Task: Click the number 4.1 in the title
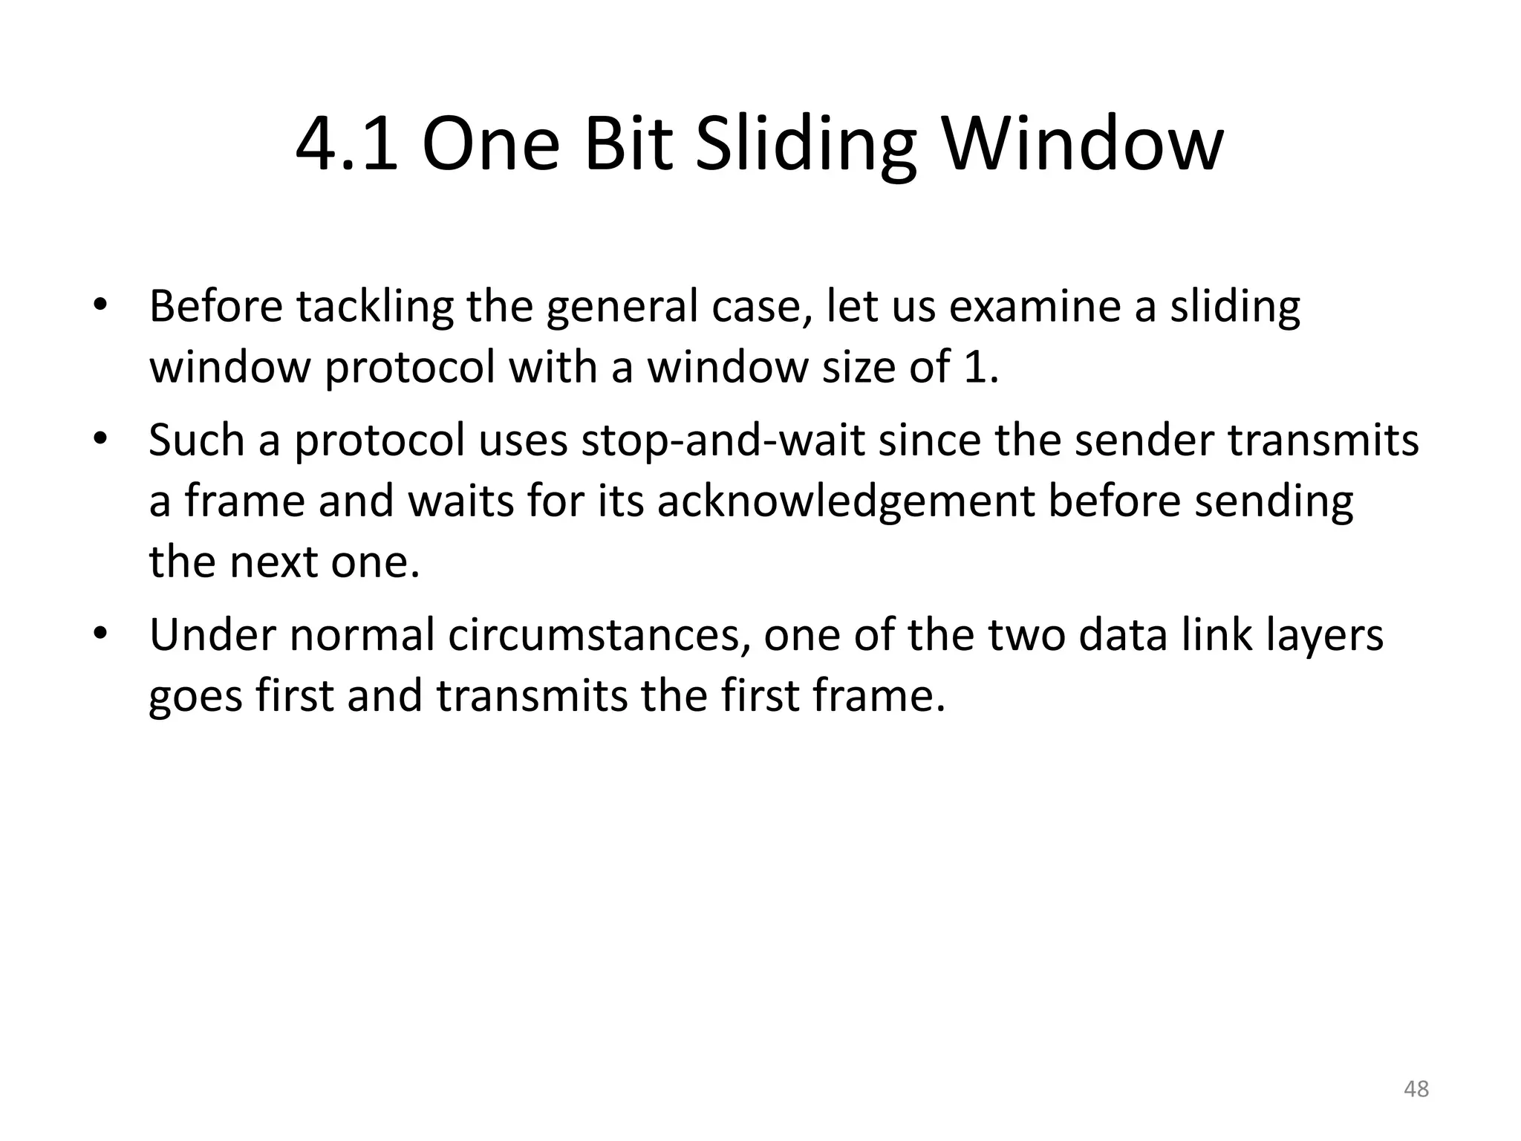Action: point(346,145)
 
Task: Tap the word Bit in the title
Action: point(628,145)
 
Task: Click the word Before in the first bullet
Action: point(215,306)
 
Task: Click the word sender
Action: point(1144,440)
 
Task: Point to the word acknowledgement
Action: point(846,502)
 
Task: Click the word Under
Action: point(212,636)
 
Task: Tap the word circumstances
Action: point(598,636)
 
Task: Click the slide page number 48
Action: point(1416,1089)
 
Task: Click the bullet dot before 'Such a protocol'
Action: point(101,438)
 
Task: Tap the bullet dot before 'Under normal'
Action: point(101,634)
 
